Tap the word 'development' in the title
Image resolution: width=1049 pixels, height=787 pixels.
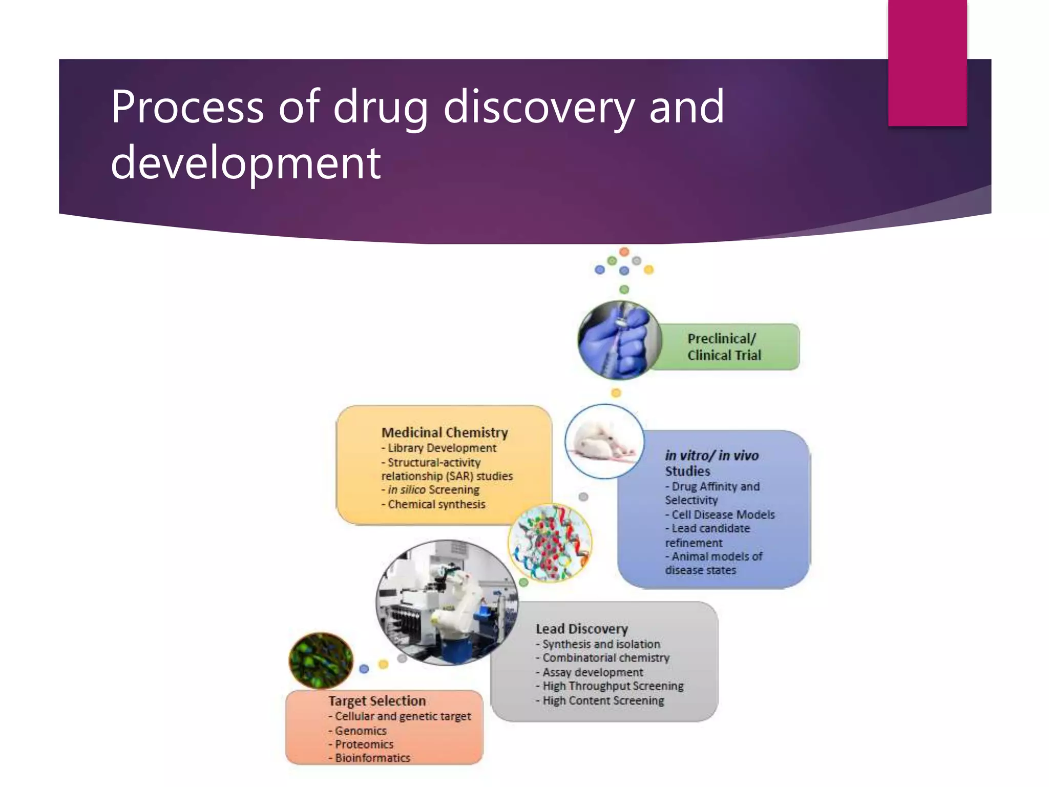(246, 163)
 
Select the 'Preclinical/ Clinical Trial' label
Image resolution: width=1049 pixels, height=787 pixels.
(724, 347)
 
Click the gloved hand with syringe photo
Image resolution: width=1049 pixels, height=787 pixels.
(619, 340)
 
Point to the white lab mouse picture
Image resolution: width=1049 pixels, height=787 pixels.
(604, 441)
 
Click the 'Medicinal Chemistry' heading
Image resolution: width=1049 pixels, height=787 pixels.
(445, 432)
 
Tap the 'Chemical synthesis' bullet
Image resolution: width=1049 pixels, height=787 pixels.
(436, 504)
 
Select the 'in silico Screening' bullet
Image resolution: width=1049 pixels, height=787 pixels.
(433, 490)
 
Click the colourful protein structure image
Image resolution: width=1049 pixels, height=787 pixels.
(550, 543)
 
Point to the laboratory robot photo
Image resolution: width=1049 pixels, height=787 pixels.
(447, 603)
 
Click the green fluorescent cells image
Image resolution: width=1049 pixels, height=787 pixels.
(321, 660)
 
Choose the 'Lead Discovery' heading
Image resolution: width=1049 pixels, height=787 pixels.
(581, 629)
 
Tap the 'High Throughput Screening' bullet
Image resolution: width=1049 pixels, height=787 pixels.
(613, 686)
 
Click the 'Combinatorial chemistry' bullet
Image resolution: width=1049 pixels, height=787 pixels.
(605, 658)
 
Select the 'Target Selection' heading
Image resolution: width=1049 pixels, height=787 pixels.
(377, 700)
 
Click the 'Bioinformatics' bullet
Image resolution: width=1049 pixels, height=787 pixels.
(372, 758)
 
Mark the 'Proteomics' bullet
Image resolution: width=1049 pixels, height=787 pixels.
(364, 744)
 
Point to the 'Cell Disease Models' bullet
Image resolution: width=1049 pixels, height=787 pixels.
(723, 514)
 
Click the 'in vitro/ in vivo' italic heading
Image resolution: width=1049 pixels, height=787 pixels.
(711, 455)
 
